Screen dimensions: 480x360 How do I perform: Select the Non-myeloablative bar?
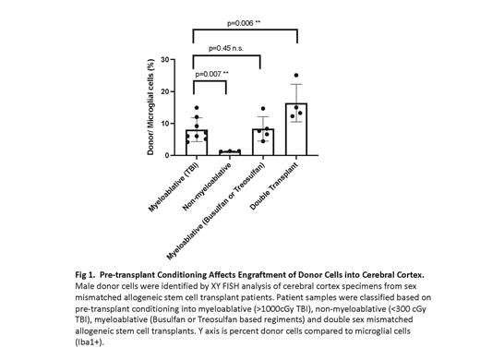pos(230,152)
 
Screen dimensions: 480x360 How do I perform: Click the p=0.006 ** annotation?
pos(246,19)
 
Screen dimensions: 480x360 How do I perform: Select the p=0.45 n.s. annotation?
pos(230,48)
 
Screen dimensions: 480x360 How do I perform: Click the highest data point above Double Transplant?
pos(296,76)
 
